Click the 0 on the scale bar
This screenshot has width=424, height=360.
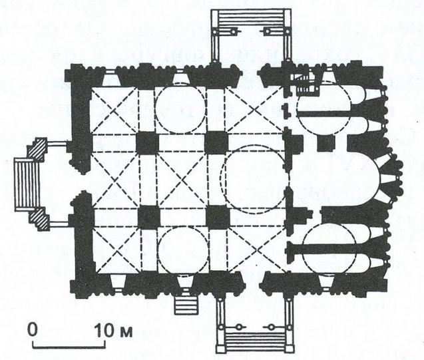33,329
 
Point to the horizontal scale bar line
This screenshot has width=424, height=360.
69,347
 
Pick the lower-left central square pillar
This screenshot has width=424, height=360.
148,216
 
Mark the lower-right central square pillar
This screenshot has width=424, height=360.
218,217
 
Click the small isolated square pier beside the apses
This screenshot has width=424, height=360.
326,142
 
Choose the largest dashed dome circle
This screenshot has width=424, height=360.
255,180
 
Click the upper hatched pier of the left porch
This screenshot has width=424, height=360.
37,149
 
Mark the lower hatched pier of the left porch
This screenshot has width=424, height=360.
39,219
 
